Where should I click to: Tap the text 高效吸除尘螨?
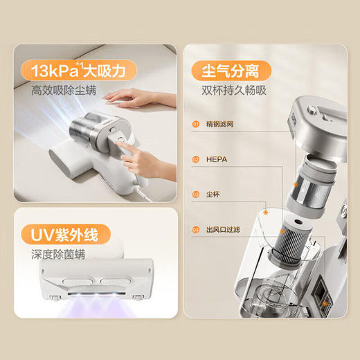click(63, 90)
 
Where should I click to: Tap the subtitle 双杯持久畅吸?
click(234, 90)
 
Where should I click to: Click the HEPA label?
click(216, 159)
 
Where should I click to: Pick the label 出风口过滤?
click(222, 228)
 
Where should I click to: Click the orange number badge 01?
click(196, 125)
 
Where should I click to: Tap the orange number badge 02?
click(196, 159)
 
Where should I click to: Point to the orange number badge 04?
click(196, 228)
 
